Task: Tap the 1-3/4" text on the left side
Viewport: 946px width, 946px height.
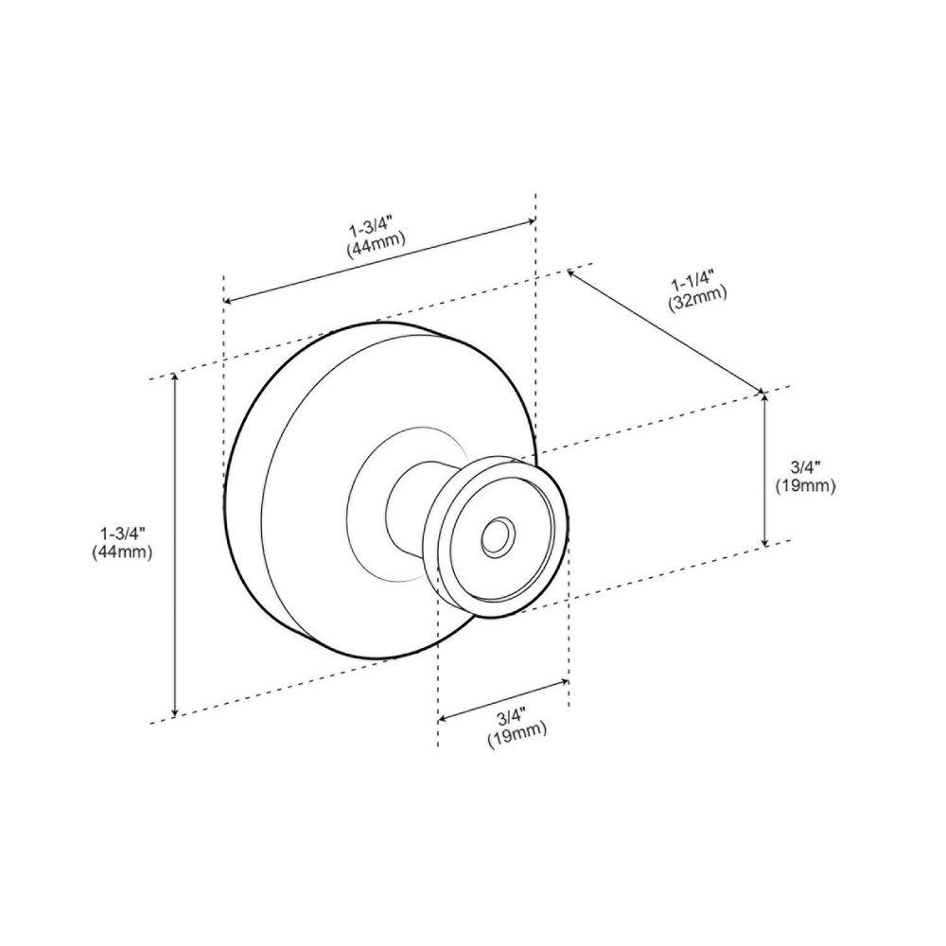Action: [115, 533]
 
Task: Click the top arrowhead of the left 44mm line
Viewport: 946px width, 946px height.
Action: [175, 378]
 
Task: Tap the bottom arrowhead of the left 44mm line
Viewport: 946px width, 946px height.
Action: [175, 711]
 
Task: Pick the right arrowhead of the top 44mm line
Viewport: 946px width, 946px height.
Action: [531, 222]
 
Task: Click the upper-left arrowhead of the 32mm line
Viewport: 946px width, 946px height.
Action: [571, 272]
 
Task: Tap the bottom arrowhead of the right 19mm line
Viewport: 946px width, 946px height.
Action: [764, 541]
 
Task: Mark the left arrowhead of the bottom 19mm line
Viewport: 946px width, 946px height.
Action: [442, 717]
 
